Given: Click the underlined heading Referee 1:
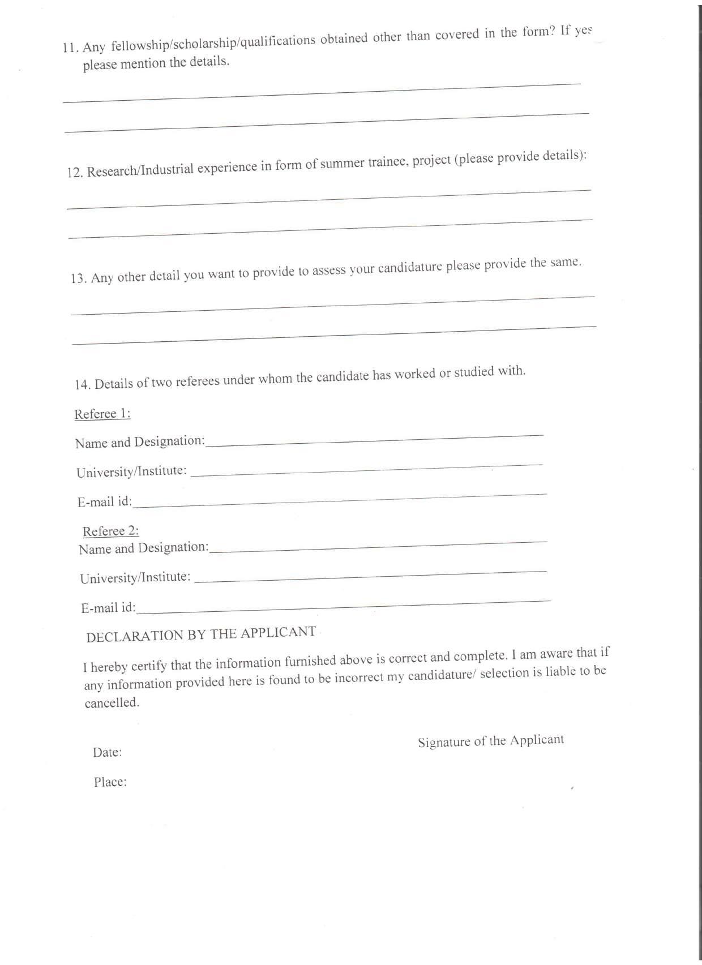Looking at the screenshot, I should (102, 414).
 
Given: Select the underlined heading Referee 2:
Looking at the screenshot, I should (111, 531).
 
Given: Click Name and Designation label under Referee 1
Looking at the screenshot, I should (140, 442).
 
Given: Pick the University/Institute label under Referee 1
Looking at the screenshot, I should (131, 471).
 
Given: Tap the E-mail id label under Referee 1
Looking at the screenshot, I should (105, 502).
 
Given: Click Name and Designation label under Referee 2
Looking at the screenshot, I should (144, 548).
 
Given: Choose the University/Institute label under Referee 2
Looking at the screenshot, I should (135, 578).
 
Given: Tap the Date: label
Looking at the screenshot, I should (108, 753).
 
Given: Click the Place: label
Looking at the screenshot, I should (110, 782).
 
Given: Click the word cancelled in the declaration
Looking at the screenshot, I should (112, 704).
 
